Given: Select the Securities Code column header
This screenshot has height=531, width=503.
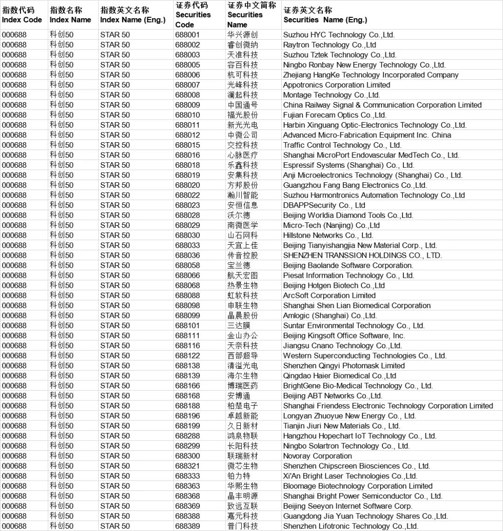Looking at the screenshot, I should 193,15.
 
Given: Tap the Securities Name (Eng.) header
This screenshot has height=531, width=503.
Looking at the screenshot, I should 325,15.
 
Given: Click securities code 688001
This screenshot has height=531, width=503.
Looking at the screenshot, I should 187,35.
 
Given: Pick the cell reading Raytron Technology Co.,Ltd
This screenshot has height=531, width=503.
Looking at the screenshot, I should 329,45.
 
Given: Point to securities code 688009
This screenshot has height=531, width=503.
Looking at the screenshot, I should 187,105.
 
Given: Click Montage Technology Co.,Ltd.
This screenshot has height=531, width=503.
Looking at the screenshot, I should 331,95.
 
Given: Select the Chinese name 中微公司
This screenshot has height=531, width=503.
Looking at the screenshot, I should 242,135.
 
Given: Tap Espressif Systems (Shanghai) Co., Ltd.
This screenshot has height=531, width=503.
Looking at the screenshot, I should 348,165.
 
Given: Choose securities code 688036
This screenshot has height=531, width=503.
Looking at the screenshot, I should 187,255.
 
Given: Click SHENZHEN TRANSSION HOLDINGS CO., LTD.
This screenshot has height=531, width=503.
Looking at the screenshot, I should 362,255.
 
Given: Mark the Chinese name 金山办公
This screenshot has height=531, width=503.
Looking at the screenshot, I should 242,336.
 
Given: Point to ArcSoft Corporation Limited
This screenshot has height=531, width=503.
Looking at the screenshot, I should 329,296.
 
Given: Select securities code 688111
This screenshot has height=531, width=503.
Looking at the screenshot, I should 187,336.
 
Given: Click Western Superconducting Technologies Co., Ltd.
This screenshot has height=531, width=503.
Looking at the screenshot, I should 365,356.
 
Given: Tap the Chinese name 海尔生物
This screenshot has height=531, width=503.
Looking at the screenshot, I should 242,376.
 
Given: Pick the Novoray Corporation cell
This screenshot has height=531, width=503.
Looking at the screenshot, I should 317,456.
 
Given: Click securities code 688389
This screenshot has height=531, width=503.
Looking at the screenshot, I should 187,526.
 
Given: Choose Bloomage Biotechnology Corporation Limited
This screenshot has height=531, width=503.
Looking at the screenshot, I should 358,486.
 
